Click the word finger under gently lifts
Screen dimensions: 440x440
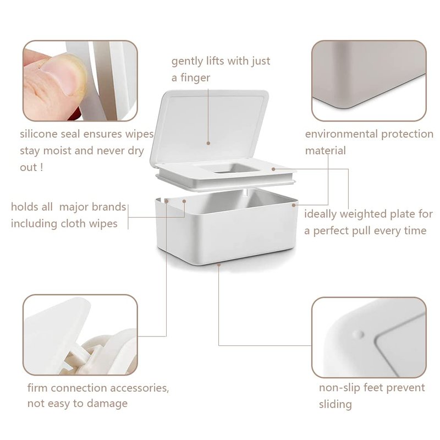[195, 78]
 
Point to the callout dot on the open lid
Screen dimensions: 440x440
[208, 143]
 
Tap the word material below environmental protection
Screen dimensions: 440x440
[326, 151]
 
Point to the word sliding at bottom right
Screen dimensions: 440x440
[335, 405]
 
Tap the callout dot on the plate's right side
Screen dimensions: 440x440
[273, 169]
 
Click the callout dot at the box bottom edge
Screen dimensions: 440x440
[219, 264]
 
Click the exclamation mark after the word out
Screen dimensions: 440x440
[42, 168]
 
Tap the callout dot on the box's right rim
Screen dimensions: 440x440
[294, 205]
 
